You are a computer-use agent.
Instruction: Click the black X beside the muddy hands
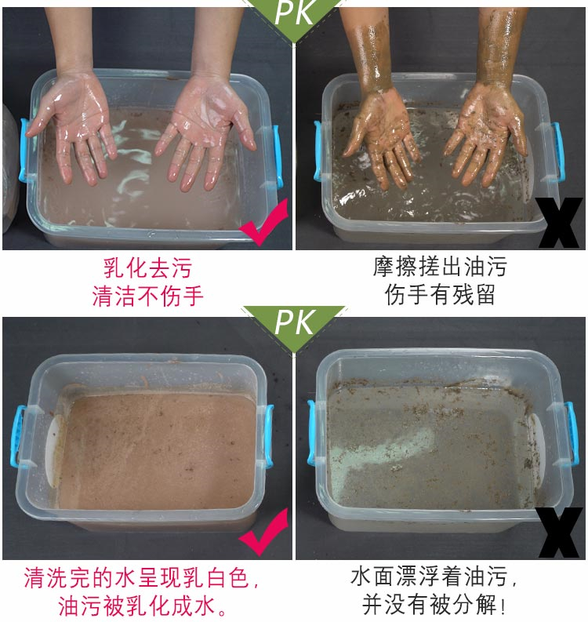click(x=559, y=223)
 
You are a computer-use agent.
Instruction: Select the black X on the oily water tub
click(x=559, y=533)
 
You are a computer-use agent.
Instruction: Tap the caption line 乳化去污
click(x=147, y=268)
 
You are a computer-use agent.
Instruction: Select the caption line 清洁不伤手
click(x=147, y=296)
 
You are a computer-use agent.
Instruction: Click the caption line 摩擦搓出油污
click(x=440, y=267)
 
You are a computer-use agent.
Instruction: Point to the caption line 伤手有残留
click(x=440, y=294)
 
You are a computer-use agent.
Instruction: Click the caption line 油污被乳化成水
click(x=143, y=606)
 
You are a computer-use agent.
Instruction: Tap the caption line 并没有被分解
click(x=434, y=605)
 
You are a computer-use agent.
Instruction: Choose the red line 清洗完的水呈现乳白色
click(x=141, y=577)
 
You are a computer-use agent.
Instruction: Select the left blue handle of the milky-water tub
click(x=18, y=435)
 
